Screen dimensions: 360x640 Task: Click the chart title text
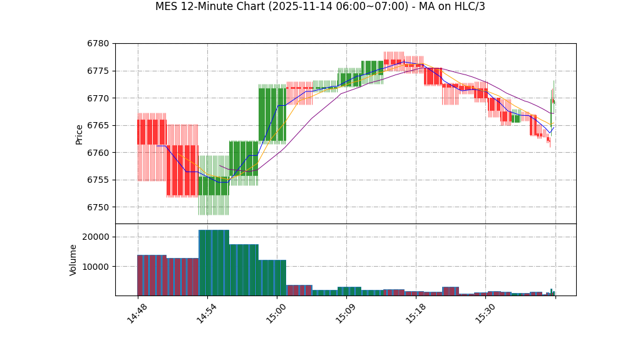(x=320, y=7)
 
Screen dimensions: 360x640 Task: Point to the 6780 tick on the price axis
(x=99, y=44)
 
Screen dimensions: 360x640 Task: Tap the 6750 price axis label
(x=99, y=207)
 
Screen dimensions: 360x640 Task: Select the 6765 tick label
(x=99, y=126)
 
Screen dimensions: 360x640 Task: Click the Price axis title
(x=80, y=134)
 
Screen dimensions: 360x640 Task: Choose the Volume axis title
(x=73, y=259)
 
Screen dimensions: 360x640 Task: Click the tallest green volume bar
(x=214, y=263)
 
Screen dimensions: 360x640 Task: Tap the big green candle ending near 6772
(x=272, y=115)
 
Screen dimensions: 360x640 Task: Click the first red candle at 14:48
(x=152, y=132)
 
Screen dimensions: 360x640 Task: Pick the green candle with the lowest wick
(x=214, y=186)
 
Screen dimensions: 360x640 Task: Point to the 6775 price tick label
(x=99, y=71)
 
